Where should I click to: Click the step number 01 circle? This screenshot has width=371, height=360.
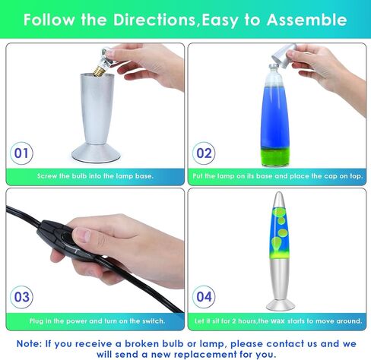point(21,153)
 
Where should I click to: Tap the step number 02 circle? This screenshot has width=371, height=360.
point(204,153)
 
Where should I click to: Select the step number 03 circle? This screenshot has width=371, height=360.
point(21,297)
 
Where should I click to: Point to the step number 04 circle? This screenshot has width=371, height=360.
point(204,297)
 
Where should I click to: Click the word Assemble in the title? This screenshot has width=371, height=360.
point(306,20)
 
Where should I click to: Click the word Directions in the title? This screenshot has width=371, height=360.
point(154,20)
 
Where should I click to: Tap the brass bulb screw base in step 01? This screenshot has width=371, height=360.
point(98,71)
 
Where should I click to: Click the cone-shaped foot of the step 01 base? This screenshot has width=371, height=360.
point(96,153)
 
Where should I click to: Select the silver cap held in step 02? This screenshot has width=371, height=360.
point(284,55)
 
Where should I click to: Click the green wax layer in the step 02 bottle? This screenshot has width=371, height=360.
point(275,157)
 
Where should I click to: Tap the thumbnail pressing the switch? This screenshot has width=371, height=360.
point(84,235)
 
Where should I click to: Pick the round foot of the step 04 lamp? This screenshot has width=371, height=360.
point(281,305)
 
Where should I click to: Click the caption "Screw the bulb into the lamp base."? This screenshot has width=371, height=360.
point(95,176)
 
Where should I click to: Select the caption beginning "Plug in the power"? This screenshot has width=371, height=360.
point(97,321)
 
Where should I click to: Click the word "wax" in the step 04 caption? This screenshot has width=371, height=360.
point(277,321)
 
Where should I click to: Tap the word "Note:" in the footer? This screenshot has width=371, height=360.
point(29,344)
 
